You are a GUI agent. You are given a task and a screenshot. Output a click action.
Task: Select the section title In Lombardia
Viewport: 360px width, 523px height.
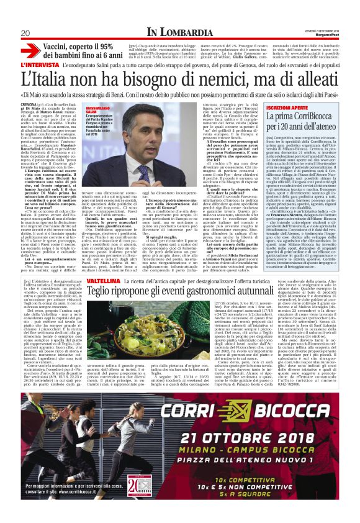[179, 32]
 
